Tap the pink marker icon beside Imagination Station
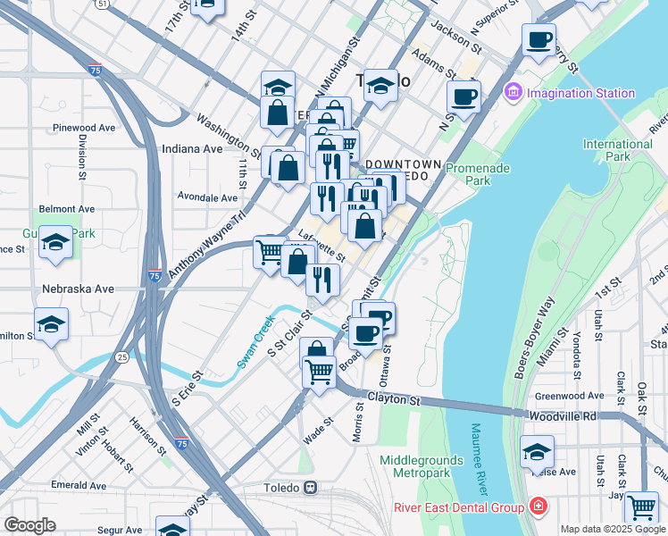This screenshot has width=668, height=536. click(x=513, y=92)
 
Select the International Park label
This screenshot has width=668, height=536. click(x=617, y=151)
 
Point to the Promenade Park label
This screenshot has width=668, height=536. click(x=479, y=173)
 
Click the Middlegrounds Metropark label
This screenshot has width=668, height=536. click(x=422, y=466)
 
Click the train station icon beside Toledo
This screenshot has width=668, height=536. click(x=311, y=488)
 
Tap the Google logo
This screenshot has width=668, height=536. click(x=29, y=525)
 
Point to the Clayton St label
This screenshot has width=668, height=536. click(x=393, y=401)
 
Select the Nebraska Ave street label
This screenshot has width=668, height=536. click(x=79, y=289)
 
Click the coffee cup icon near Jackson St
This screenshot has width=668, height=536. click(x=539, y=40)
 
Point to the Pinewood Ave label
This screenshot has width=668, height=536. click(x=84, y=128)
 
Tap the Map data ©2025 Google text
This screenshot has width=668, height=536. click(x=612, y=529)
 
